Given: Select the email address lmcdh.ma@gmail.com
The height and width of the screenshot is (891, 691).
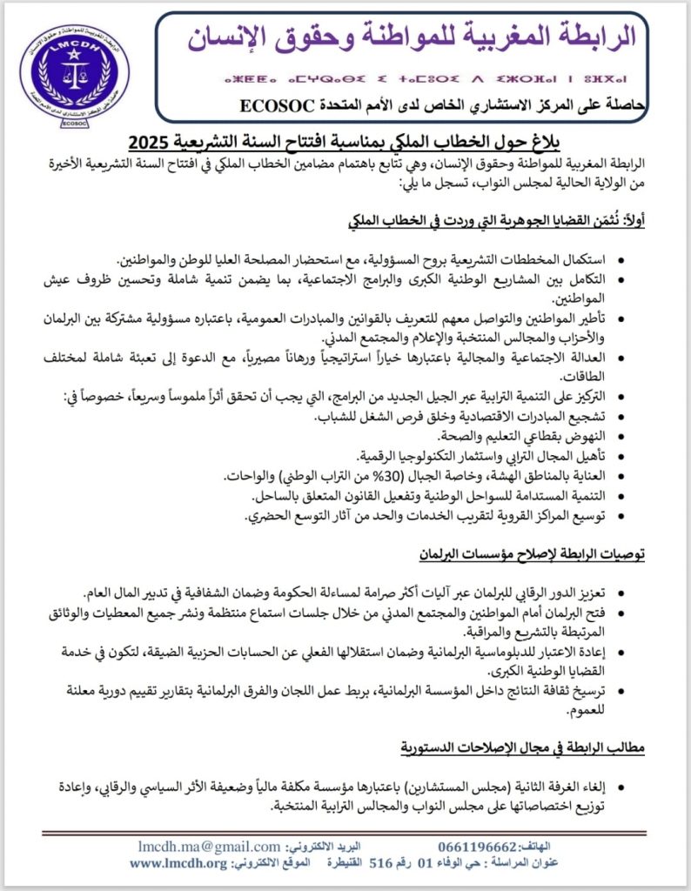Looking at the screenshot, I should [210, 847].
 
